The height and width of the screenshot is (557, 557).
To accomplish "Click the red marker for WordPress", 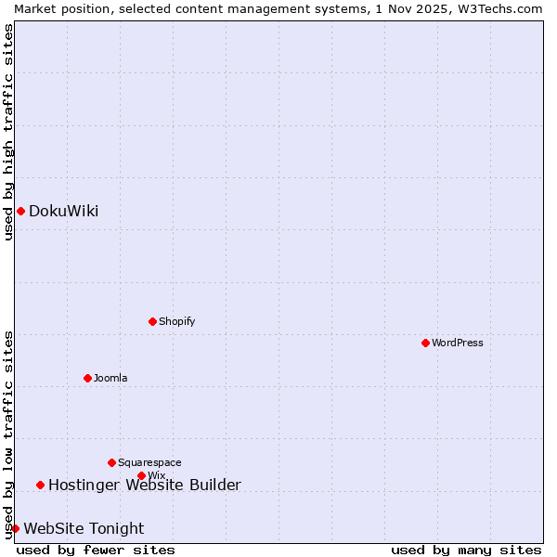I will [425, 343].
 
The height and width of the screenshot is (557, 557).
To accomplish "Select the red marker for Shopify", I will [152, 321].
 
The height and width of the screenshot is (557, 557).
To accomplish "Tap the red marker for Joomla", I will [87, 378].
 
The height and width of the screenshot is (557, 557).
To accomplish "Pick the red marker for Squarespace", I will [111, 462].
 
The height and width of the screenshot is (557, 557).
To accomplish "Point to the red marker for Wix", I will [141, 475].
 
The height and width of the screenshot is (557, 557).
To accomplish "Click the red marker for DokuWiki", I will [20, 211].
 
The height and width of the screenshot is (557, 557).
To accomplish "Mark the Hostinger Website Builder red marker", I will [40, 485].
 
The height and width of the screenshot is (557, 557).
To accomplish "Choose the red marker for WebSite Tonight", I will [15, 528].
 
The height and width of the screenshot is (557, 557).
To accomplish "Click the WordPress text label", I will [458, 343].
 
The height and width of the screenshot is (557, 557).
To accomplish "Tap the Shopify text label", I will [176, 321].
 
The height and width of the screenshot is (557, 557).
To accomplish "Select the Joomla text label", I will [110, 378].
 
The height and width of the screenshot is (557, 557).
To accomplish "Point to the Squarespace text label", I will [149, 462].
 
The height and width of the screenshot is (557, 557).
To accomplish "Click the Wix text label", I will [156, 475].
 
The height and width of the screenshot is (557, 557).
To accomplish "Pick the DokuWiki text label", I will [63, 211].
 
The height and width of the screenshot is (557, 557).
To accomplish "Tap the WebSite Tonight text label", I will [84, 528].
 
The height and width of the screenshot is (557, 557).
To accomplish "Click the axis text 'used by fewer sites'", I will [96, 550].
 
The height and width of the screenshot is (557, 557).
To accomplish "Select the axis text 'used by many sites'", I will [466, 550].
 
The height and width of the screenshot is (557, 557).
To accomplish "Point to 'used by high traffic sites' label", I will [8, 132].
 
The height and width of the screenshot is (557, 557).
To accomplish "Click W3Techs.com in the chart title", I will [499, 8].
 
